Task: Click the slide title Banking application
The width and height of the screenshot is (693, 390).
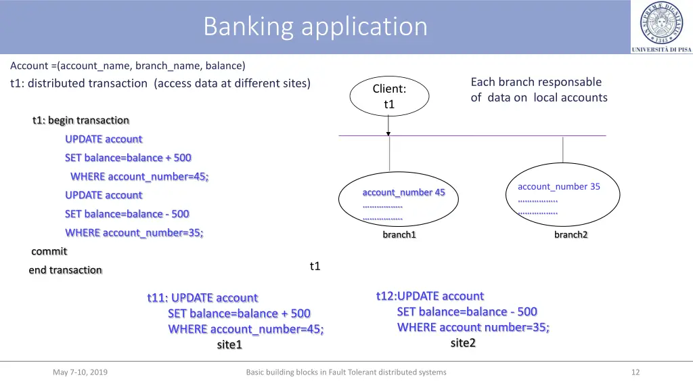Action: coord(315,27)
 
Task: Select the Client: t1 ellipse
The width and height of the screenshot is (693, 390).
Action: coord(389,96)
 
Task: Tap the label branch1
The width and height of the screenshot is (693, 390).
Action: coord(399,235)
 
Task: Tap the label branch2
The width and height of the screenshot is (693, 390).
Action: coord(571,234)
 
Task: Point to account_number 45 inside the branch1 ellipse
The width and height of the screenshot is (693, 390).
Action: coord(403,192)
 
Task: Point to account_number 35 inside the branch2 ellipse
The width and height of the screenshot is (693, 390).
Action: coord(558,186)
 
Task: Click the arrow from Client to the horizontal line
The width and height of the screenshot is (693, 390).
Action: coord(389,127)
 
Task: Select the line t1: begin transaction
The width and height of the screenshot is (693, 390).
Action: coord(81,121)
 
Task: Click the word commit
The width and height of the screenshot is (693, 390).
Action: coord(49,251)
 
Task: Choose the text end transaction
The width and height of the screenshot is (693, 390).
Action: coord(65,270)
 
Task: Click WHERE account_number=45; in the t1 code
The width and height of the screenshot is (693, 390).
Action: coord(139,177)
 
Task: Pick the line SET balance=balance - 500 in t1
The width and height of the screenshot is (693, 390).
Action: coord(127,214)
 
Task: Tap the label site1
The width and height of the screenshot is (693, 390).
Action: coord(229,345)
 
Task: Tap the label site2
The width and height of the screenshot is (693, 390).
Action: coord(463,343)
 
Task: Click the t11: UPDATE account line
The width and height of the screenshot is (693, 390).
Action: coord(202,298)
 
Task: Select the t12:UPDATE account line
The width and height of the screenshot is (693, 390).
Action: coord(430,296)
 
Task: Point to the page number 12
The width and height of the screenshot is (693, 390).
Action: coord(635,372)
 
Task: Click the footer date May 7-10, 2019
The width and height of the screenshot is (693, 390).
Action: coord(80,372)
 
